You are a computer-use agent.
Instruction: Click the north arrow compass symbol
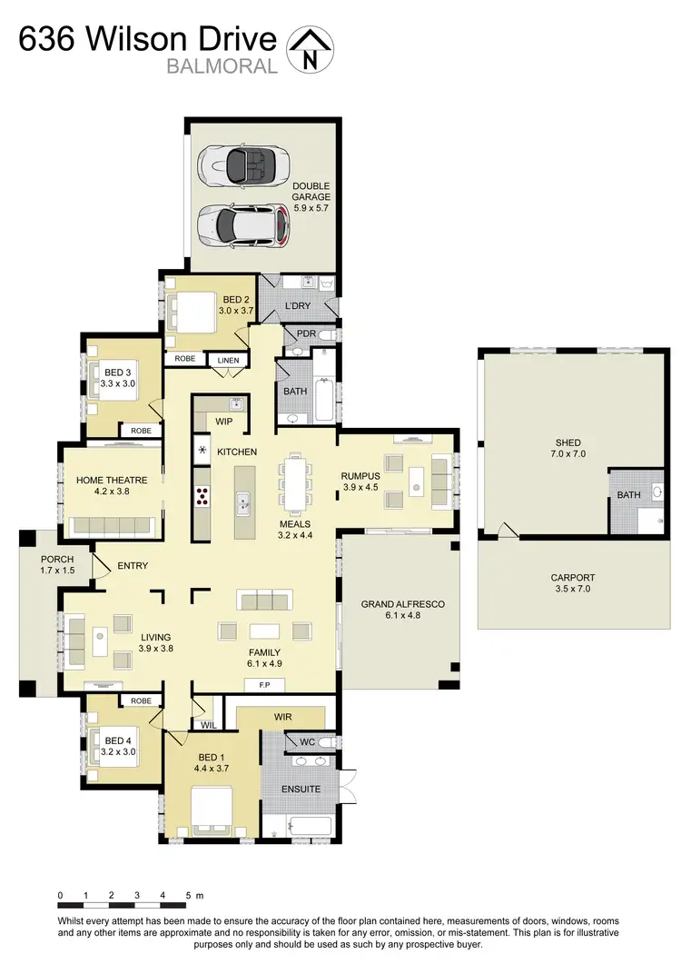pyautogui.click(x=310, y=48)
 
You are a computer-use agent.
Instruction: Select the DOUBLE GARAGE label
pyautogui.click(x=311, y=192)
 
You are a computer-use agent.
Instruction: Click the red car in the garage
pyautogui.click(x=243, y=224)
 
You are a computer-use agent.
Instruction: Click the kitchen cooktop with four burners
pyautogui.click(x=202, y=496)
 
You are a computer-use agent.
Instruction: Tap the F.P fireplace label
pyautogui.click(x=266, y=684)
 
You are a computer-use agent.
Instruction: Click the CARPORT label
pyautogui.click(x=573, y=577)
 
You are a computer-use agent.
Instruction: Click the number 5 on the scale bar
pyautogui.click(x=187, y=896)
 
